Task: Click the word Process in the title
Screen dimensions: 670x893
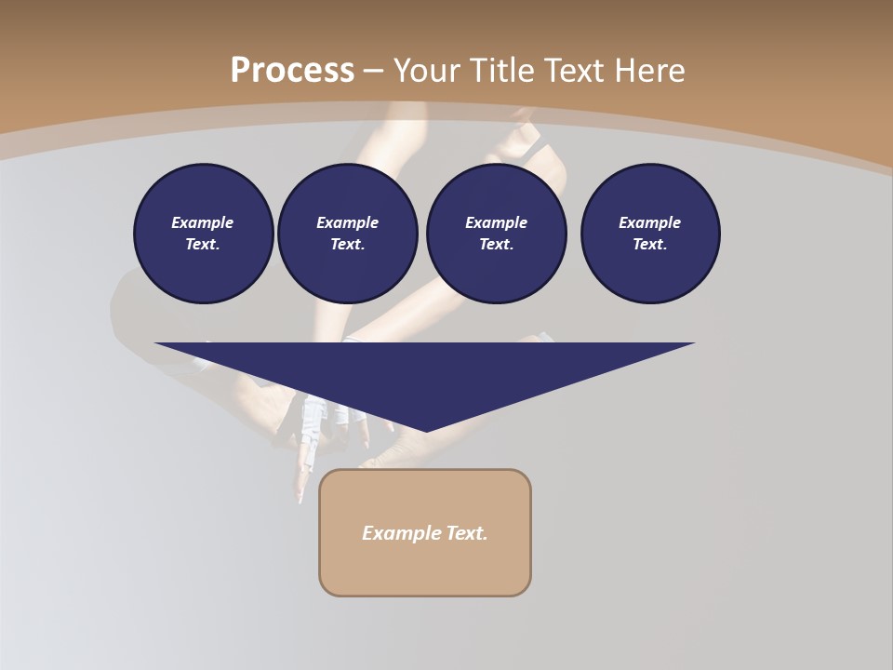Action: point(292,70)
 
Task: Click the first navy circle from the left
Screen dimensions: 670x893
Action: point(203,233)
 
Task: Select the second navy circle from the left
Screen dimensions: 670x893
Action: point(348,233)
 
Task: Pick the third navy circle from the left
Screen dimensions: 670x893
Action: point(496,233)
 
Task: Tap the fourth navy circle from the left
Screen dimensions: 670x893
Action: point(650,233)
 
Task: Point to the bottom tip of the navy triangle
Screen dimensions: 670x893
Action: point(426,430)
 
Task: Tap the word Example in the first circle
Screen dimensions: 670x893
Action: point(203,222)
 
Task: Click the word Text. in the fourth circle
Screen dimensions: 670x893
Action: point(650,244)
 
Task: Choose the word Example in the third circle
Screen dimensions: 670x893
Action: point(496,222)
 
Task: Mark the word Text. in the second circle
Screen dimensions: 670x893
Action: point(348,244)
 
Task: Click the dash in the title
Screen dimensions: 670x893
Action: point(373,71)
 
